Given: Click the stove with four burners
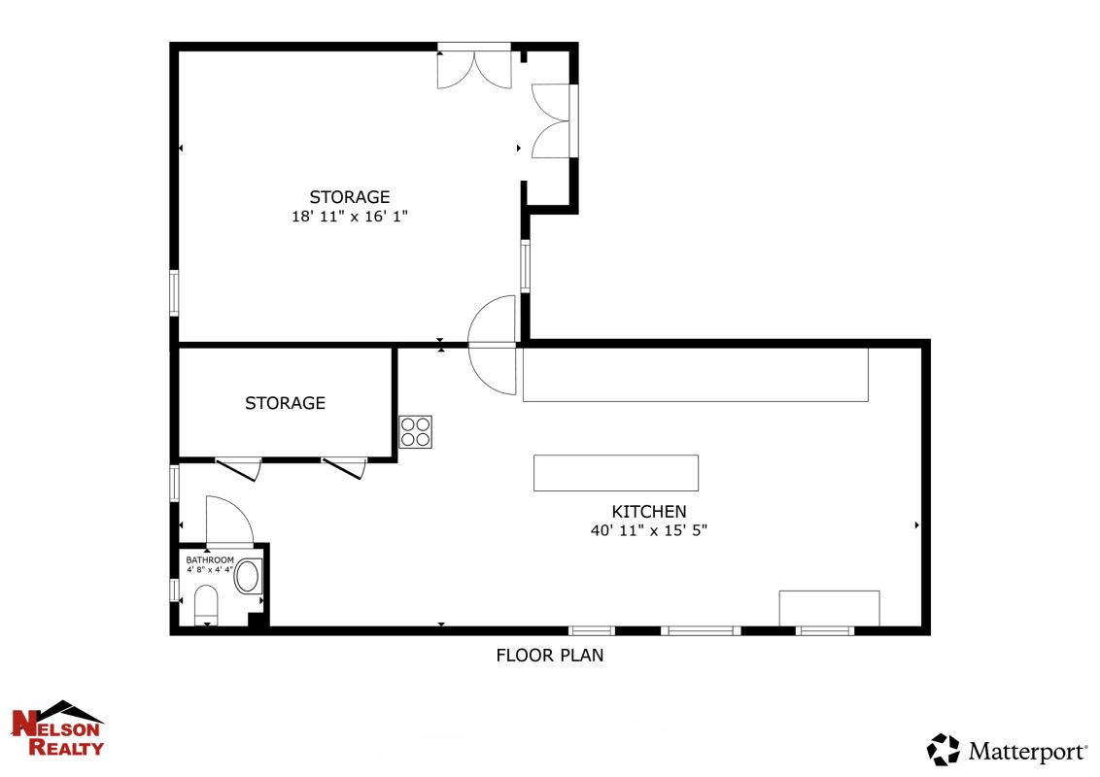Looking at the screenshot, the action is [x=415, y=432].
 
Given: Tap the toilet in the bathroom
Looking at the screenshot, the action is [x=206, y=604].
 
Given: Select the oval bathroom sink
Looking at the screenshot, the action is [x=248, y=576].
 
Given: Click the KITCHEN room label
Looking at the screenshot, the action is [x=649, y=511].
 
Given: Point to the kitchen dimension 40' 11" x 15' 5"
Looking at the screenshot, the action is [x=649, y=530].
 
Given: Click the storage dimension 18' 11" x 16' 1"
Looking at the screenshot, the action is [x=350, y=216].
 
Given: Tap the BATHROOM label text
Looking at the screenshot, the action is [x=210, y=559].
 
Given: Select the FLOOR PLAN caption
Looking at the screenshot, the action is [x=549, y=655].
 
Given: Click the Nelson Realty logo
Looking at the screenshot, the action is [x=57, y=728].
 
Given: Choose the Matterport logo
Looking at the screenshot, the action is [x=1007, y=751].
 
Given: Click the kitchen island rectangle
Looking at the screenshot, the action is [x=616, y=473].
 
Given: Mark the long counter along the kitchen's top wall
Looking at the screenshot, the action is [x=695, y=375].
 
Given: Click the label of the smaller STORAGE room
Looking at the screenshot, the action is [x=285, y=403].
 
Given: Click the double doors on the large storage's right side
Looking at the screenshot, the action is [x=553, y=120].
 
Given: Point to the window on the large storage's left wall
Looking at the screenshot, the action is [x=174, y=293].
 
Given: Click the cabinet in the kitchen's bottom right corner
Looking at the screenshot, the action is [x=829, y=608].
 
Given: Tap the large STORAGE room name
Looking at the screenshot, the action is [x=350, y=197].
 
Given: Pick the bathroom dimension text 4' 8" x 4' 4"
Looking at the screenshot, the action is [x=210, y=569].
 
